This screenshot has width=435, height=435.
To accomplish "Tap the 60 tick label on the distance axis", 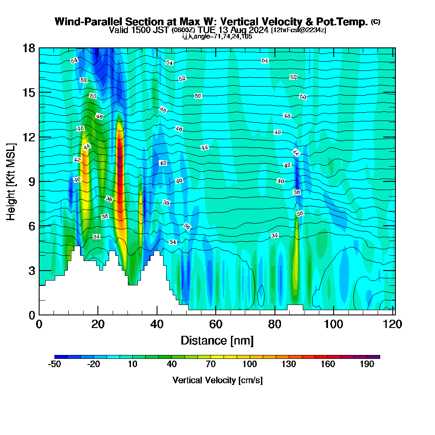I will tap(216, 325).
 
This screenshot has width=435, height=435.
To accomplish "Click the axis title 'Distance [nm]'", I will tap(217, 340).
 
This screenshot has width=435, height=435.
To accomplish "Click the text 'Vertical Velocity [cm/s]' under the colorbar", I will tap(217, 380).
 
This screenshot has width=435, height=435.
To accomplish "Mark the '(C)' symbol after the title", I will tap(375, 22).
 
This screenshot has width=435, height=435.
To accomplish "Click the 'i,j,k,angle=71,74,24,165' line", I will tap(217, 37).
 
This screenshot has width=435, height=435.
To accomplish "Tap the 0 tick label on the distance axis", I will tap(39, 325).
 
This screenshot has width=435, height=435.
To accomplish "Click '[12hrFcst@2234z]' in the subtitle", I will tap(298, 30).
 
